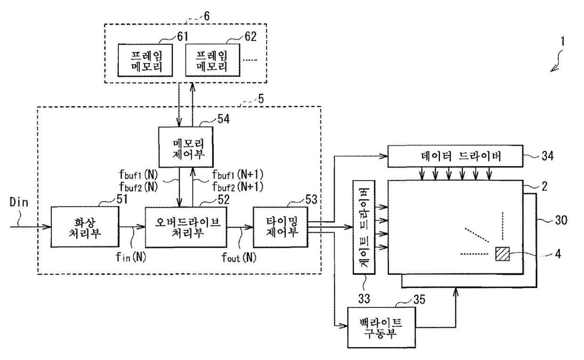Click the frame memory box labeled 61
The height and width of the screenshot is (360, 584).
point(145,60)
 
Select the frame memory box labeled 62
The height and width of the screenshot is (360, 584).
point(212,60)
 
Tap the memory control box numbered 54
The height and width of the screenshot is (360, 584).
point(186,147)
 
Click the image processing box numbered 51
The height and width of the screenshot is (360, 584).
point(85,227)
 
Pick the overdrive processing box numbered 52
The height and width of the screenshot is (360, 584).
point(186,227)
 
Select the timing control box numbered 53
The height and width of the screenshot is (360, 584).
point(281,227)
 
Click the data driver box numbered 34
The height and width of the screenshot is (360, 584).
point(455,156)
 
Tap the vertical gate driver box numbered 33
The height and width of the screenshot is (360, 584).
point(364,227)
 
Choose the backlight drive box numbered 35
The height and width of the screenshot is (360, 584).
point(381,328)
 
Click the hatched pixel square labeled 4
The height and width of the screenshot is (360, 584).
point(503,254)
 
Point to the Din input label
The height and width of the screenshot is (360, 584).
point(19,202)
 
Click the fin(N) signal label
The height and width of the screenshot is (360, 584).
point(131,257)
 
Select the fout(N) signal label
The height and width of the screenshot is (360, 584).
point(239,257)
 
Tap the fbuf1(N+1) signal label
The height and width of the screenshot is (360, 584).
point(237,175)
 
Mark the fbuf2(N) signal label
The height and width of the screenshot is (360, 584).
point(138,187)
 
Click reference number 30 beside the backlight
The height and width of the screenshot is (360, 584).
point(561,220)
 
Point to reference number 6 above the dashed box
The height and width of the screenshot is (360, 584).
point(206,16)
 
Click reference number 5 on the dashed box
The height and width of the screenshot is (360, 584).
point(261,99)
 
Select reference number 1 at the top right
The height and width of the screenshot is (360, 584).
point(562,41)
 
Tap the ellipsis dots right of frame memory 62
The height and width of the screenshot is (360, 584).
point(250,60)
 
